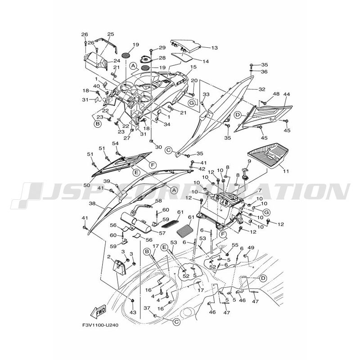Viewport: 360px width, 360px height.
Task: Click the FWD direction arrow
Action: click(99, 312)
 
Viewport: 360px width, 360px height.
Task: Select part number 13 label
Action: click(215, 48)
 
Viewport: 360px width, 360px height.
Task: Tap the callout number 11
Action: click(286, 171)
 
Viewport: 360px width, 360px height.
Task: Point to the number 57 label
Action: click(162, 233)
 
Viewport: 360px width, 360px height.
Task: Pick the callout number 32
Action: click(262, 89)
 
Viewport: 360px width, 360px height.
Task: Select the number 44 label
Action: click(287, 94)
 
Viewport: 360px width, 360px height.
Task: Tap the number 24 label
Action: click(117, 61)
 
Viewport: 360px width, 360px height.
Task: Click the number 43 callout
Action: click(133, 312)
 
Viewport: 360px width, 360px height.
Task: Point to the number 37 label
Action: click(147, 308)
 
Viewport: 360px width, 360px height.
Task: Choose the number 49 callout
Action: click(251, 248)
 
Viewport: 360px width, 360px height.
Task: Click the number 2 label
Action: click(109, 256)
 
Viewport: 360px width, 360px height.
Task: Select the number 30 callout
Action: click(158, 147)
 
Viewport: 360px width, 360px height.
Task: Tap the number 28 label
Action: click(162, 58)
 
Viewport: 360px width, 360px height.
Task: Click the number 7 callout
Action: click(260, 190)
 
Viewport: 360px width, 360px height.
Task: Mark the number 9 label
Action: click(249, 161)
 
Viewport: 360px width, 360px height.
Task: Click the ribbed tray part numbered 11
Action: click(268, 155)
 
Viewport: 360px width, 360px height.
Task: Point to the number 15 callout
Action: click(193, 67)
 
